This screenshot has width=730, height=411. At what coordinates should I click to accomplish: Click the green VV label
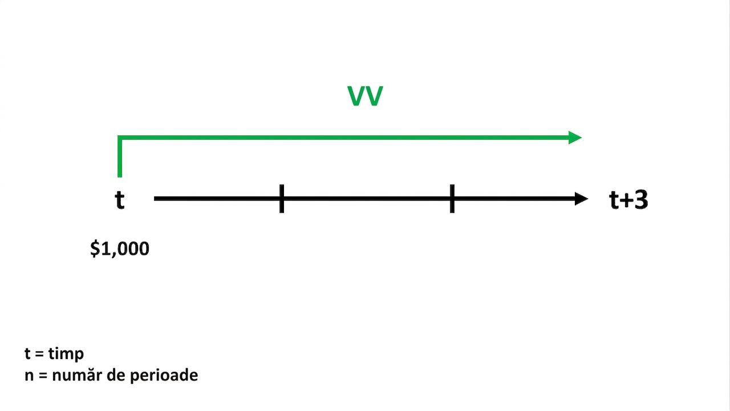tap(365, 96)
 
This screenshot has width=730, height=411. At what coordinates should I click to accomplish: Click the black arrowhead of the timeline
tap(581, 199)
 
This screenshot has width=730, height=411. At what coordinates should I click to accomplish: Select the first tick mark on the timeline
tap(282, 199)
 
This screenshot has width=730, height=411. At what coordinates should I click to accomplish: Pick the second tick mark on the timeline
tap(452, 199)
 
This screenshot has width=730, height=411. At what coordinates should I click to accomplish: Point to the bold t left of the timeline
tap(120, 199)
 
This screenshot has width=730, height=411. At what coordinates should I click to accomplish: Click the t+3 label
tap(628, 200)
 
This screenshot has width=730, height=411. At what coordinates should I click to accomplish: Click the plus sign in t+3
tap(626, 200)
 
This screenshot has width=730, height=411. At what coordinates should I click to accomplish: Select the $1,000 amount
tap(120, 248)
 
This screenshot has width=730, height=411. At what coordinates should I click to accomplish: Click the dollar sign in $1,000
tap(95, 248)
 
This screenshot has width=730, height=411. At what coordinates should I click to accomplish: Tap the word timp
tap(66, 354)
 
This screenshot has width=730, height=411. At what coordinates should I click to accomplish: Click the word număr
tap(77, 375)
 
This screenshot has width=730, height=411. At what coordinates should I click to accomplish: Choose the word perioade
tap(164, 376)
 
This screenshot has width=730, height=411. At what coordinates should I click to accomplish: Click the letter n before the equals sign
tap(29, 376)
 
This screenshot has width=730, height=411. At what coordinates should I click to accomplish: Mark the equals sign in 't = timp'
tap(39, 354)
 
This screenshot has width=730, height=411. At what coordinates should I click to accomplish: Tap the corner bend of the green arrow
tap(120, 138)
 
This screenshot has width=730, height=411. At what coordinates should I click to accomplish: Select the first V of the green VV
tap(356, 96)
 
